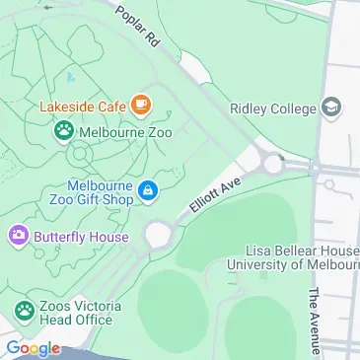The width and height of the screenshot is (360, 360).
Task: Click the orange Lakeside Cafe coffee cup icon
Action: pos(142,103)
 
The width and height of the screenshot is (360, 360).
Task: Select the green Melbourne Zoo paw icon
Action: pos(64,129)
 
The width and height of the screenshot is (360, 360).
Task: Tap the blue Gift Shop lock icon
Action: pos(148,190)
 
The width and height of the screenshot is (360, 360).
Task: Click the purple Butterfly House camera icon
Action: pos(18,237)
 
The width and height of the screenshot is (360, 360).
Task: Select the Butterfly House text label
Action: pos(81,238)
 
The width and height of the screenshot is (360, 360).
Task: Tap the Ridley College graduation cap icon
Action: pos(331,107)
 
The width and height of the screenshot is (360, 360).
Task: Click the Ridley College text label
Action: pos(272,108)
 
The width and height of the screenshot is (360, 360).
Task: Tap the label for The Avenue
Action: pos(313,321)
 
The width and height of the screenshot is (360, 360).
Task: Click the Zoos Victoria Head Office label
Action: pos(82,313)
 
